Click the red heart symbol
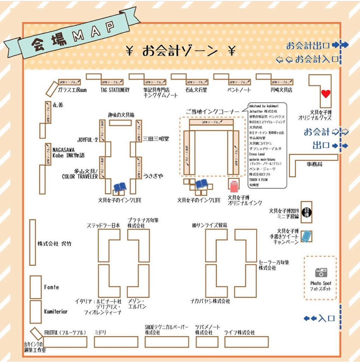coord(326,94)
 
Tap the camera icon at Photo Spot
coord(321,272)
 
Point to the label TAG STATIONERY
coord(115,90)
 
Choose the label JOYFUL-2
coord(87,140)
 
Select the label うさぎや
coord(153,176)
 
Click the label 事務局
coord(314,164)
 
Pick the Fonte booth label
coord(52,287)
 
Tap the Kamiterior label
coord(56,312)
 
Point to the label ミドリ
coord(100,333)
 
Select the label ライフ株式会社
coord(239,333)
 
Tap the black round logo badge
coord(306,212)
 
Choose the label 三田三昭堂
coord(156,139)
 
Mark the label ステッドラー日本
coord(104,225)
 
